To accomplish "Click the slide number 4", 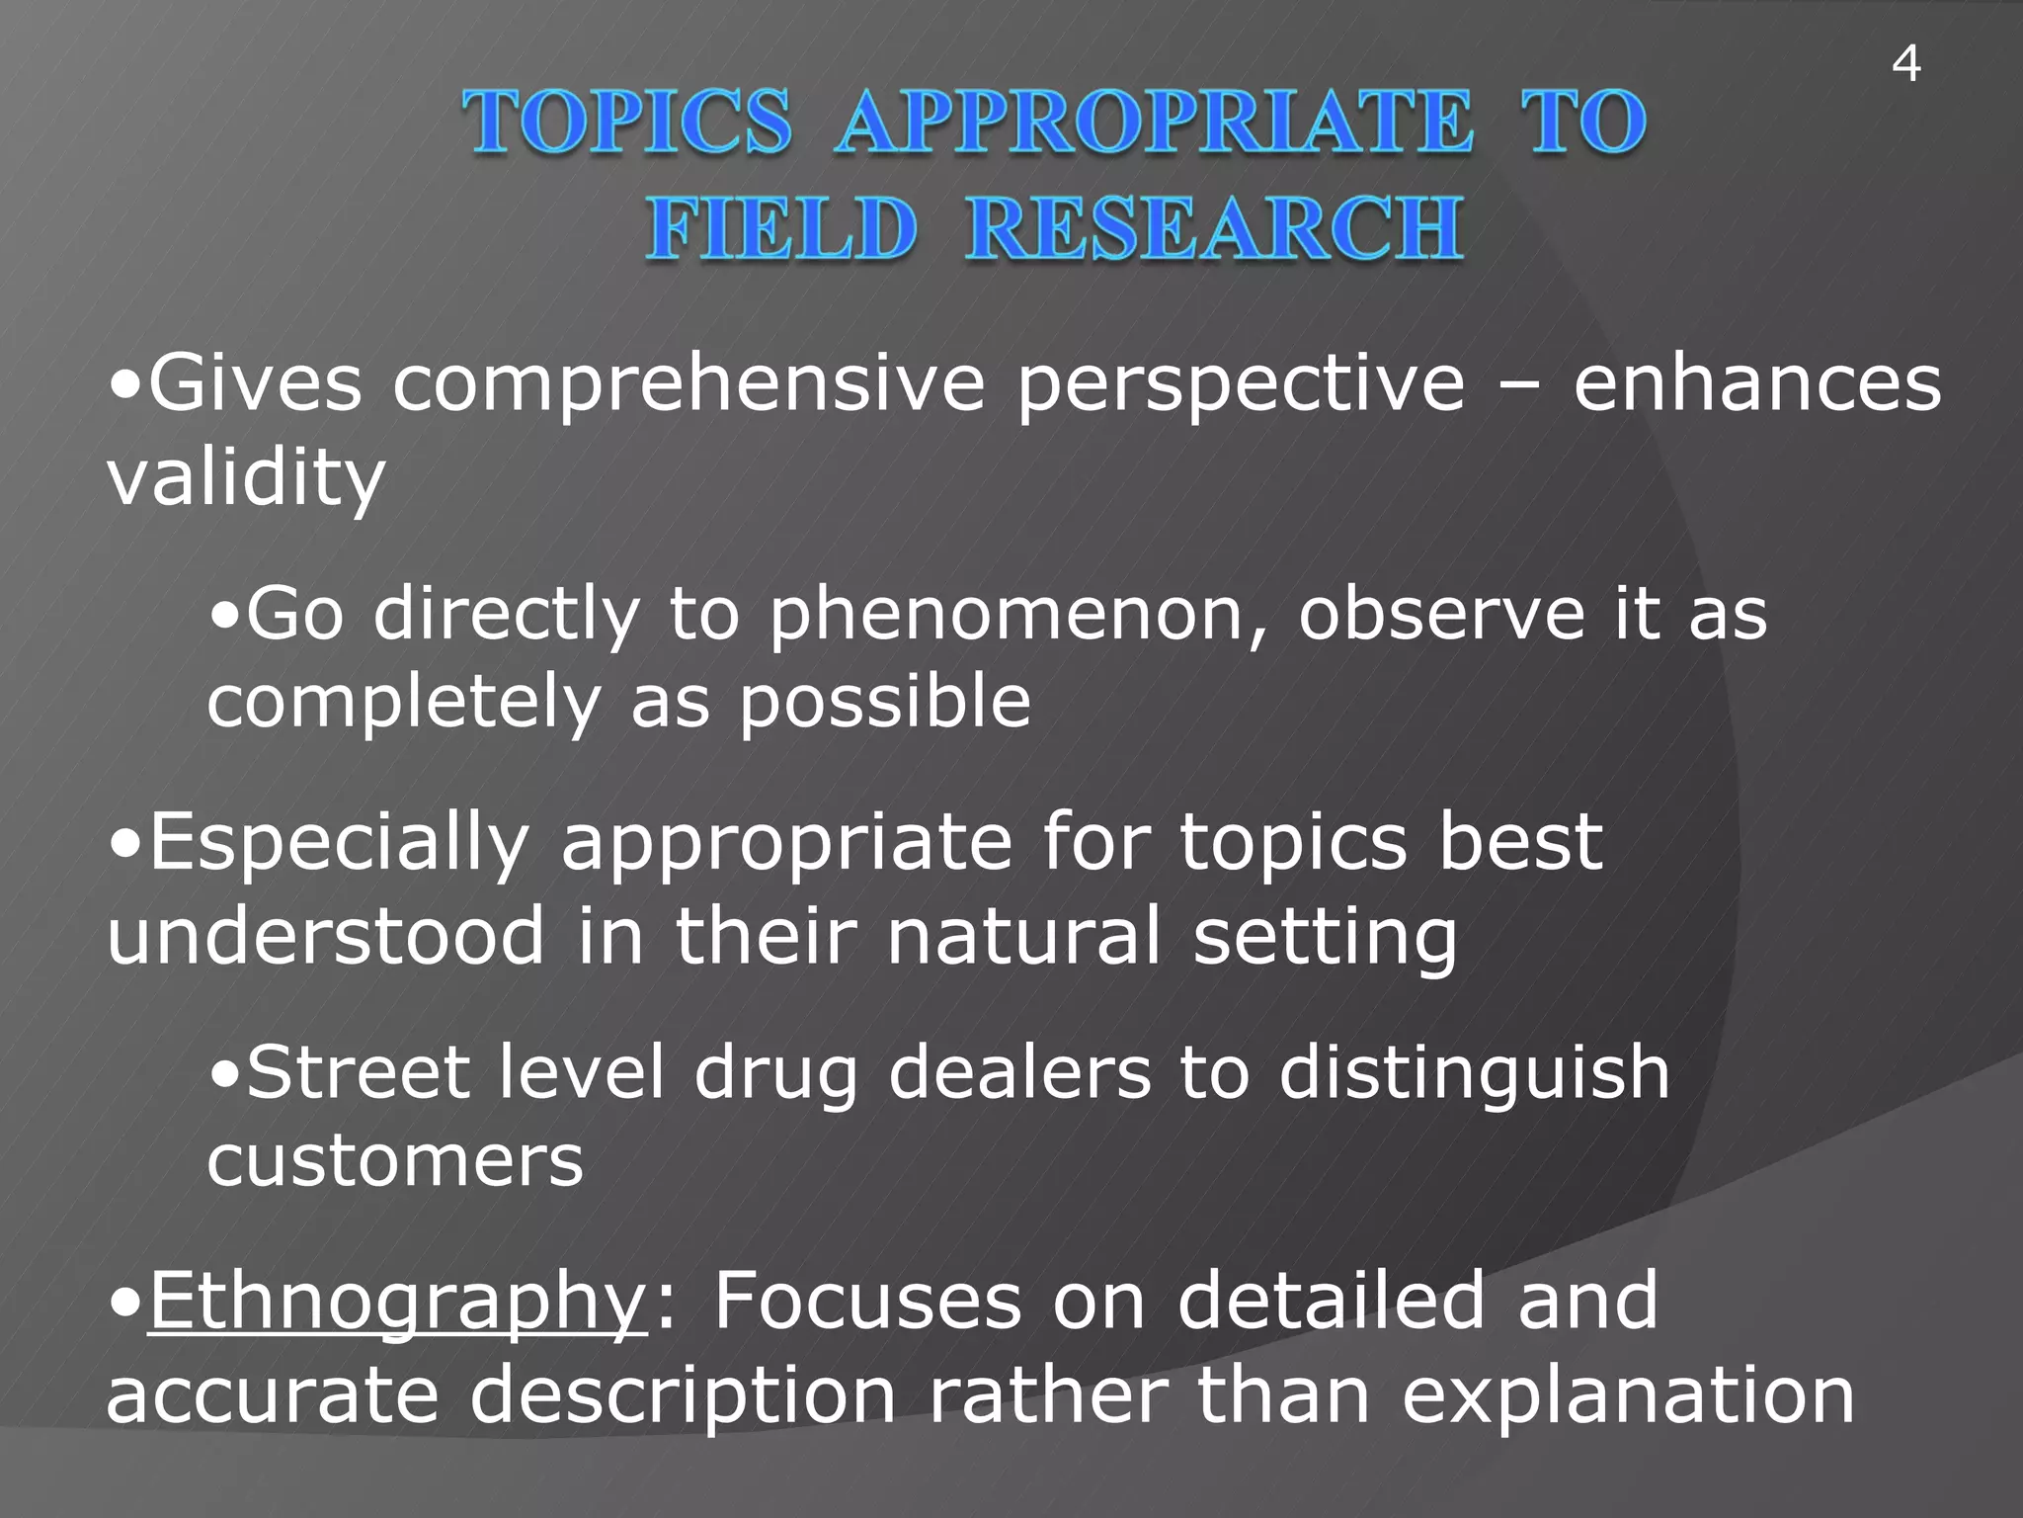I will pos(1905,65).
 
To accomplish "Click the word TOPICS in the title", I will pos(628,123).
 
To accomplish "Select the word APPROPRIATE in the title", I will pos(1153,123).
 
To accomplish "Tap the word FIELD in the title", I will pos(780,229).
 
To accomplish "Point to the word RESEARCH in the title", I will pos(1214,229).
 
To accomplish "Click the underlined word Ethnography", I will pos(397,1303).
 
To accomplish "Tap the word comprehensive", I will pos(688,385).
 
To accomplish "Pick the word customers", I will pos(395,1160).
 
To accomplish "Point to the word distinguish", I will pos(1474,1073).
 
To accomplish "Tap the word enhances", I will pos(1756,385).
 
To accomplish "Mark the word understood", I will pos(326,937).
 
